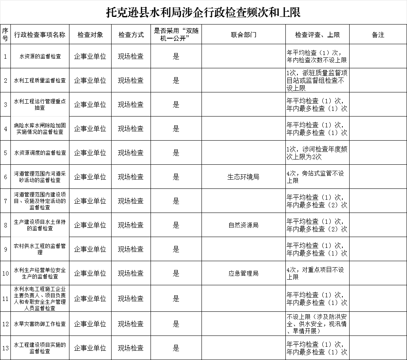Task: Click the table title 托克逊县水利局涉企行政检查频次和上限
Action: tap(203, 12)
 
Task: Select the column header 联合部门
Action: tap(243, 35)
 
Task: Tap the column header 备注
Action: tap(378, 35)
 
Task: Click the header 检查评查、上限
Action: tap(317, 35)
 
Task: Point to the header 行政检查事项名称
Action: tap(40, 35)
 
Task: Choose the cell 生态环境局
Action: tap(243, 177)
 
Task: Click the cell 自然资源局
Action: tap(243, 225)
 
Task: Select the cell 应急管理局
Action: tap(243, 273)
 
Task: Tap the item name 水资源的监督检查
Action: tap(40, 56)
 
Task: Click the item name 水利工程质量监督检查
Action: tap(40, 80)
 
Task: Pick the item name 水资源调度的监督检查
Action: tap(40, 153)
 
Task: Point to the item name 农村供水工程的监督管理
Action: tap(40, 249)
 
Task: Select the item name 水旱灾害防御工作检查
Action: tap(40, 324)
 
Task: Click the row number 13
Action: tap(5, 348)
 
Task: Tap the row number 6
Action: tap(5, 177)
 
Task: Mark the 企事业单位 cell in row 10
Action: tap(90, 273)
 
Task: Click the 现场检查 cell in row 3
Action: tap(130, 104)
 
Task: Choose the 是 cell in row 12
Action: tap(176, 324)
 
